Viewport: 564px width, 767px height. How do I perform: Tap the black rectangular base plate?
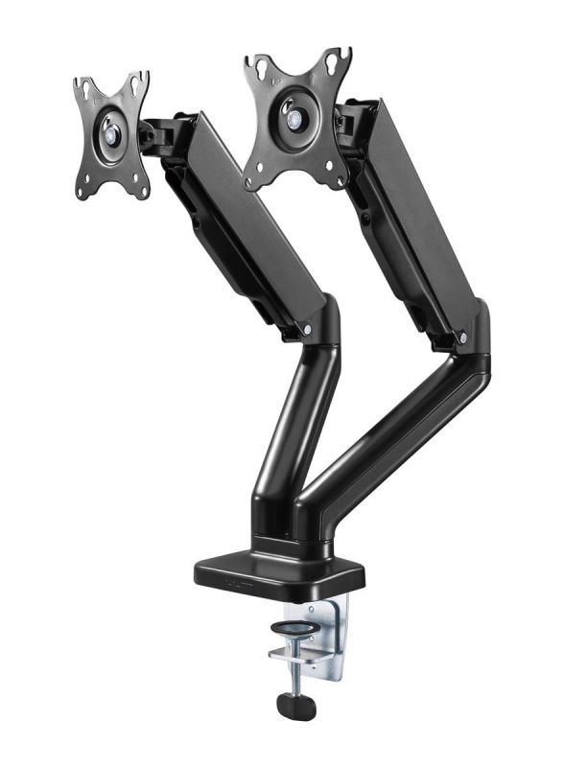pyautogui.click(x=278, y=573)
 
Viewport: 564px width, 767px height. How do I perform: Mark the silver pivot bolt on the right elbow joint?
pyautogui.click(x=463, y=338)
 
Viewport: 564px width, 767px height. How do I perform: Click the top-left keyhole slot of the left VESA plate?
pyautogui.click(x=85, y=90)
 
